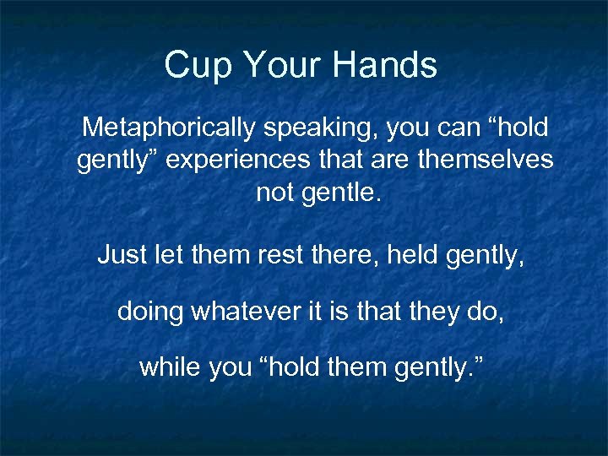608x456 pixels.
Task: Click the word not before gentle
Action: click(x=274, y=193)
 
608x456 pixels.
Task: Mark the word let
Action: click(x=164, y=252)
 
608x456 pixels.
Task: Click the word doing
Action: click(x=150, y=312)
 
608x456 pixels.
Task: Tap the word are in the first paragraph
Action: click(x=390, y=160)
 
